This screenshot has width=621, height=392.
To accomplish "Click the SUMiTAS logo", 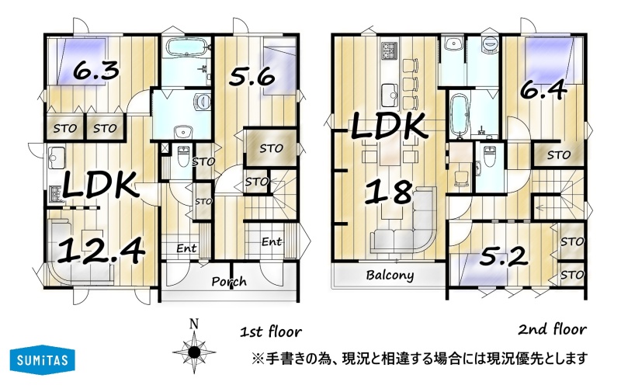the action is click(x=43, y=360).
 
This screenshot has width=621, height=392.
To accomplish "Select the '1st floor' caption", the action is click(x=271, y=331).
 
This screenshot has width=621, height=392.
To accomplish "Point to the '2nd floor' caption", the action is click(x=553, y=329).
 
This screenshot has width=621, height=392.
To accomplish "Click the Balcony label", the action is click(x=390, y=275).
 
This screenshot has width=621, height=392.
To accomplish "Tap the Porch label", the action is click(x=229, y=282).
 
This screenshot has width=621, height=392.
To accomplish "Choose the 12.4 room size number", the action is click(x=100, y=252).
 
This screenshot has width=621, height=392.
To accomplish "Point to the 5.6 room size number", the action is click(x=252, y=76).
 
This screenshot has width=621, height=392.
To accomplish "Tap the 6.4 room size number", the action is click(x=543, y=91).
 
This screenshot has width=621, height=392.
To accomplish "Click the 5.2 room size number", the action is click(x=503, y=257).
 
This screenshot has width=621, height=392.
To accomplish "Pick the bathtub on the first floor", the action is click(x=186, y=48).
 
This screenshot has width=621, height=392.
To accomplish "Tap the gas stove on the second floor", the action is click(x=389, y=51).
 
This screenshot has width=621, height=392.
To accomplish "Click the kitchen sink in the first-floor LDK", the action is click(x=57, y=158).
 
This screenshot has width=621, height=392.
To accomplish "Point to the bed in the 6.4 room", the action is click(x=549, y=60).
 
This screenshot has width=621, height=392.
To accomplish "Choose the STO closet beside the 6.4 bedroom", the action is click(x=558, y=154).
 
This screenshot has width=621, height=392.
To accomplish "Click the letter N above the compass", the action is click(x=194, y=324).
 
